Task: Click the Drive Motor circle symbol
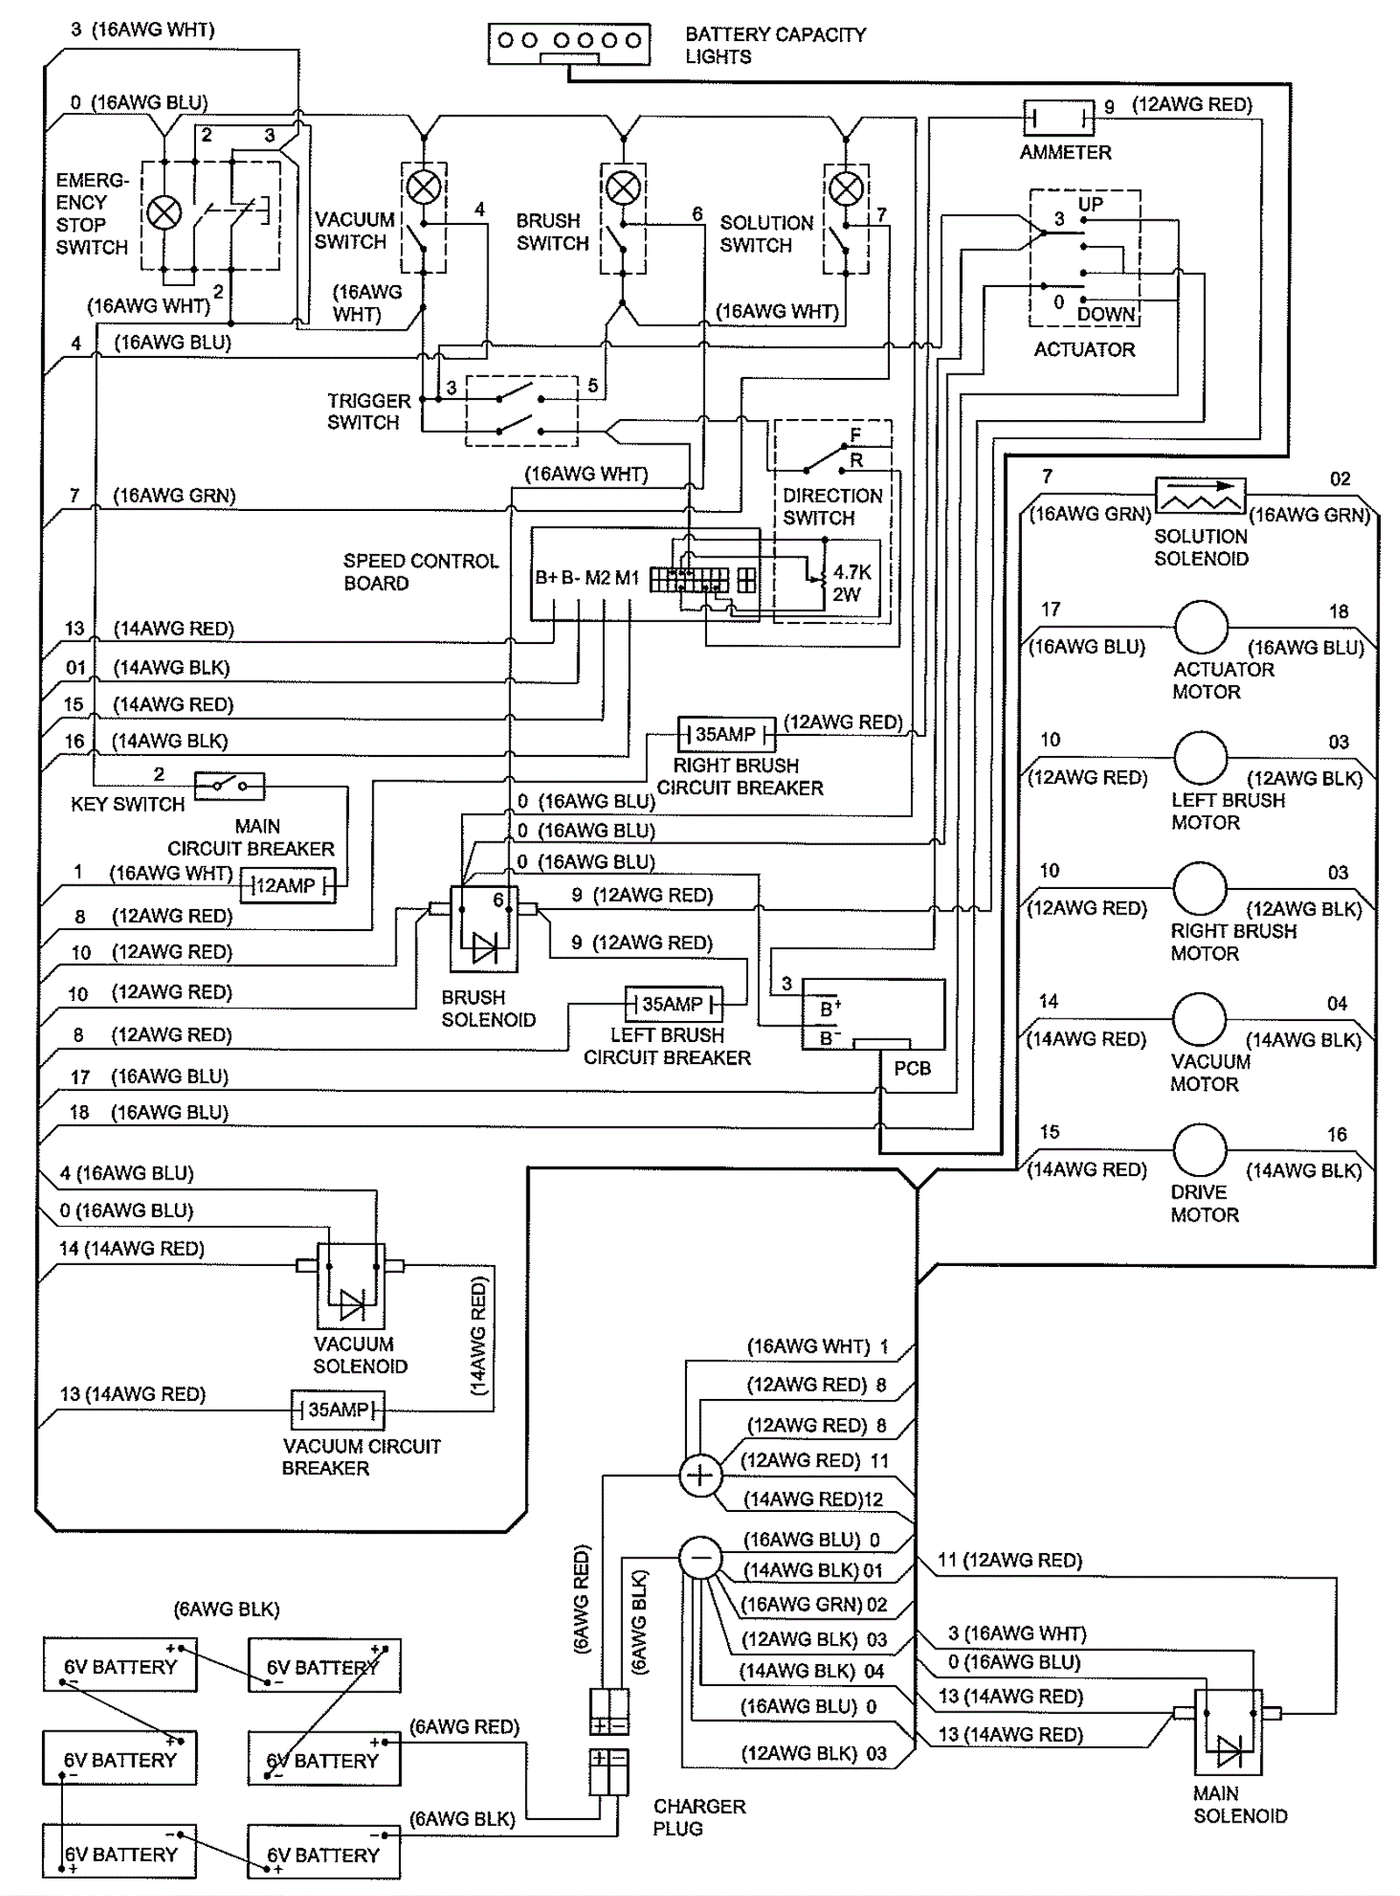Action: [1200, 1150]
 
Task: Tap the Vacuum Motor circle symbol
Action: [1200, 1018]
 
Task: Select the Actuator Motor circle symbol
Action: [1200, 626]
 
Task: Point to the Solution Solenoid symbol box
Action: [1200, 495]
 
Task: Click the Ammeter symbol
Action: [1059, 115]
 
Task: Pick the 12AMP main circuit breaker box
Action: [288, 885]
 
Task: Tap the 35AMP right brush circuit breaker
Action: [726, 734]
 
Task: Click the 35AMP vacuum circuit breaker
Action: [338, 1410]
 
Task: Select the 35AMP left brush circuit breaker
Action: [674, 1004]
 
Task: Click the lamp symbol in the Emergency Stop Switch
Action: [164, 213]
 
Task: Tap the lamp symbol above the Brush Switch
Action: [623, 186]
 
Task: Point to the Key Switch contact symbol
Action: [229, 787]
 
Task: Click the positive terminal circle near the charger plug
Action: [700, 1476]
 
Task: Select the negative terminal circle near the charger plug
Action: [700, 1558]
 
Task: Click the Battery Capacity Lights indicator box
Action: [569, 44]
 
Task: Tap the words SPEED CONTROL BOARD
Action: [420, 571]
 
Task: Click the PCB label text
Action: [912, 1068]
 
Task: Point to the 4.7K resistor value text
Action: [851, 572]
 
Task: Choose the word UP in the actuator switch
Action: [1090, 204]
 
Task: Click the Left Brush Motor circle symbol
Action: [1200, 757]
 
